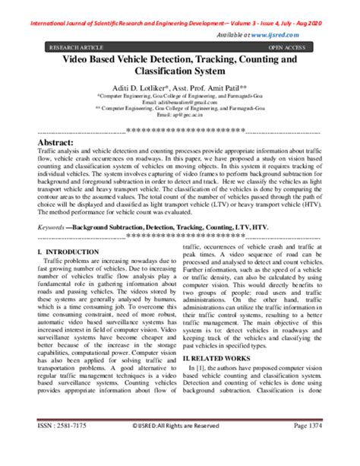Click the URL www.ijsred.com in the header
312,35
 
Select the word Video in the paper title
77,59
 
